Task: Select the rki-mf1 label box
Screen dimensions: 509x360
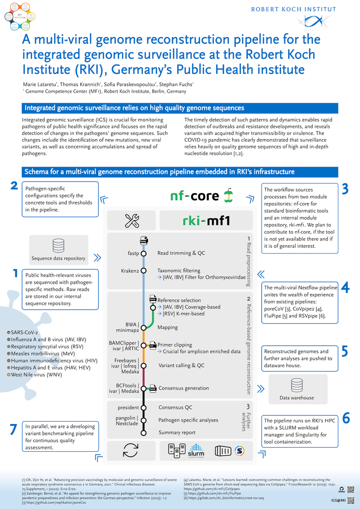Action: [x=206, y=221]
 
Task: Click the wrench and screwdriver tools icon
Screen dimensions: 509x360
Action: [x=132, y=221]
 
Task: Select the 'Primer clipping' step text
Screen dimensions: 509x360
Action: [x=175, y=345]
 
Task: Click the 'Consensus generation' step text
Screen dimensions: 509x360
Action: [x=183, y=388]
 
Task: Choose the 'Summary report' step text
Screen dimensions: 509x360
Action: [x=177, y=432]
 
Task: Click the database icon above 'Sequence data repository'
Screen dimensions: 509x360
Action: [x=59, y=244]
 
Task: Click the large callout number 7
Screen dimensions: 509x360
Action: [x=13, y=430]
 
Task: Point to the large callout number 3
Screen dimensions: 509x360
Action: [x=345, y=189]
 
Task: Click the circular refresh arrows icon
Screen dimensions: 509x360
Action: [x=131, y=450]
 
